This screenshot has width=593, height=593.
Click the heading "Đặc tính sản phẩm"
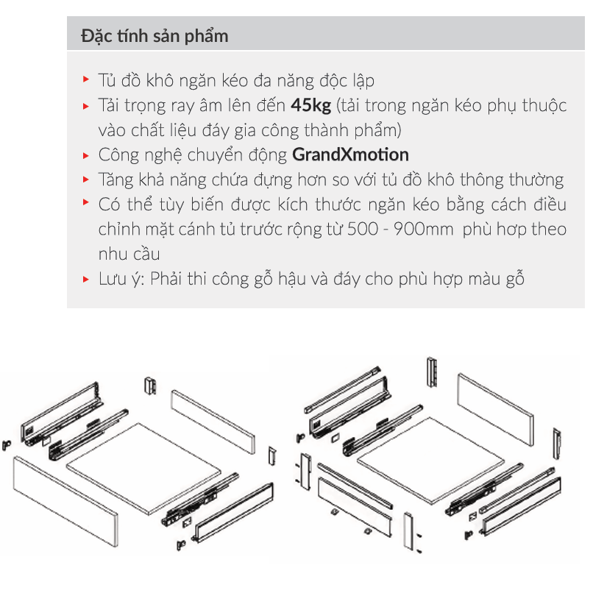point(155,36)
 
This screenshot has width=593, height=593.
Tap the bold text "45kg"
point(311,105)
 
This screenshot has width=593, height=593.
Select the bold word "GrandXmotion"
point(350,155)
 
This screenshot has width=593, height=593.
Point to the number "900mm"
point(423,230)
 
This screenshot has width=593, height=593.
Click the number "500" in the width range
point(362,230)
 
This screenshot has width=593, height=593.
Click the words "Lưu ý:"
point(121,279)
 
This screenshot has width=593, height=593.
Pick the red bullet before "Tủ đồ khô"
point(86,79)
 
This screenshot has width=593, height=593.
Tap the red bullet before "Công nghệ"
point(86,155)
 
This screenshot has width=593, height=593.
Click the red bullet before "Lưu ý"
point(86,280)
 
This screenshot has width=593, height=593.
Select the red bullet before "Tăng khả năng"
point(86,180)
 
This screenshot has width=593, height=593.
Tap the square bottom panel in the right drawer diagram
point(430,461)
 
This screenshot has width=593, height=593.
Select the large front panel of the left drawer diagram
point(65,500)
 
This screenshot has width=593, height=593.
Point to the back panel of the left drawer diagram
point(213,422)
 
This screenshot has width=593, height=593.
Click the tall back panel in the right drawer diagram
point(495,410)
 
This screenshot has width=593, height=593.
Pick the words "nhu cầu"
point(129,254)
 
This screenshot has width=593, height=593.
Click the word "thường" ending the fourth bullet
point(536,180)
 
